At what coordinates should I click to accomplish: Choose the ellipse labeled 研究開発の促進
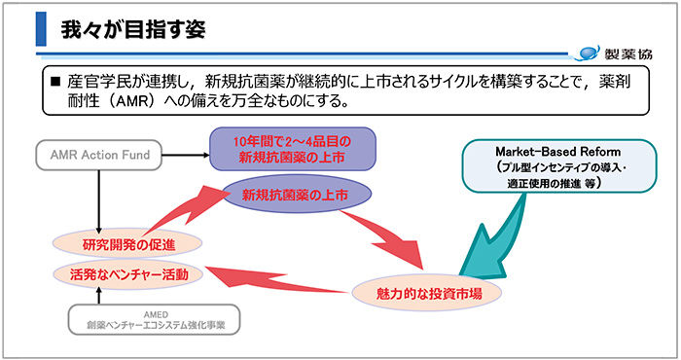[127, 241]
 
